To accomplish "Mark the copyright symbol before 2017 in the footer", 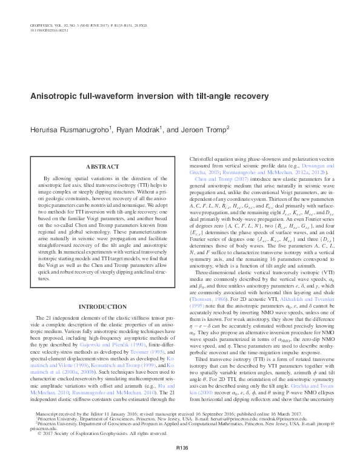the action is click(x=39, y=450).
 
